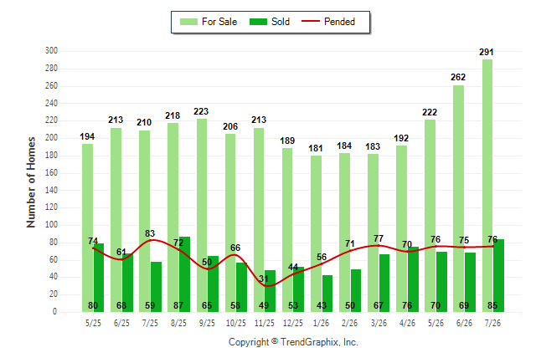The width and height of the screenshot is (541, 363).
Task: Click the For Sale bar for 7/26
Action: [x=487, y=186]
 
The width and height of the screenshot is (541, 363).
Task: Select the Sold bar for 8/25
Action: [x=184, y=274]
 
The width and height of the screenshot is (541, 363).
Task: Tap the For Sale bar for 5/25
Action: [x=87, y=228]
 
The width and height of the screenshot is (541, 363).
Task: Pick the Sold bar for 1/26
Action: [x=327, y=294]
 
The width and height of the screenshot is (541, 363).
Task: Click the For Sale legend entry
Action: [x=209, y=22]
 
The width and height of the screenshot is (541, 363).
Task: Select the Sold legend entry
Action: [x=270, y=22]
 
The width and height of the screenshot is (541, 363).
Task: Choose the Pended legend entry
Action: [x=328, y=22]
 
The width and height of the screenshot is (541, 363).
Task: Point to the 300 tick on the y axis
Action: [x=51, y=51]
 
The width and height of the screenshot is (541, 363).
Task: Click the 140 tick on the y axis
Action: [x=51, y=190]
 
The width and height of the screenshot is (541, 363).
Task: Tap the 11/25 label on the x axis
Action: [x=265, y=323]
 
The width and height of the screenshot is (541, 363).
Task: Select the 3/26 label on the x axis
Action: [x=379, y=323]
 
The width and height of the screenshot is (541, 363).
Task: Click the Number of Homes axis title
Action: [x=31, y=182]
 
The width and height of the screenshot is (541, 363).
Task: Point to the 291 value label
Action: [x=486, y=52]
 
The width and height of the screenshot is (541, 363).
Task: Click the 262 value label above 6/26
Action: [x=458, y=77]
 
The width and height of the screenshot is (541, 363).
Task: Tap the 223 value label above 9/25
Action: [x=201, y=111]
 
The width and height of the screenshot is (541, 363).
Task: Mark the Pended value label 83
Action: [x=150, y=233]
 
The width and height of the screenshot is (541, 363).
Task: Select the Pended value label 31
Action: [x=264, y=279]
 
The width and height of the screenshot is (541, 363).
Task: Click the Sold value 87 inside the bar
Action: [x=178, y=305]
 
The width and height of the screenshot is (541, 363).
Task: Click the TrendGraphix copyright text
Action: [x=293, y=342]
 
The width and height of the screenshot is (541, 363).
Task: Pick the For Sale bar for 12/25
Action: [x=287, y=230]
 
